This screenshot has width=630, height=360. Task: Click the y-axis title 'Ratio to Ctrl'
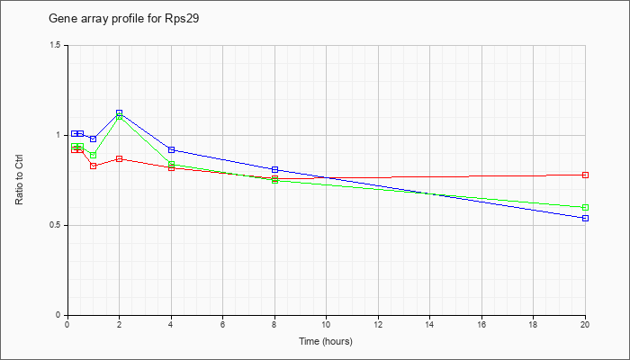coord(20,180)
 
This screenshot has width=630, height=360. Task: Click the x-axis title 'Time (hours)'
coord(326,342)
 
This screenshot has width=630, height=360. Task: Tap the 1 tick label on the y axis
coord(59,135)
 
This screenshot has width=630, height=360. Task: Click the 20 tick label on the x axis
coord(585,325)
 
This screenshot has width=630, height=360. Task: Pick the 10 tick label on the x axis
coord(326,325)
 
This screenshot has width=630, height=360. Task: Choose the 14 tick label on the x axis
coord(430,325)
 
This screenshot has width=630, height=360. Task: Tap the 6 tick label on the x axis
coord(222,325)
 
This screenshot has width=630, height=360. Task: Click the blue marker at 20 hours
coord(586,218)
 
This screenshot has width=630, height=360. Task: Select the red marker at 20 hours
coord(586,175)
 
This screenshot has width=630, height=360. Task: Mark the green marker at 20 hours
coord(586,207)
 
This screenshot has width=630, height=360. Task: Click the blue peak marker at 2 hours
coord(119,113)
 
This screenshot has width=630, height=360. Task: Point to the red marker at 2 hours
coord(119,158)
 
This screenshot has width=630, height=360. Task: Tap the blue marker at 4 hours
coord(171,149)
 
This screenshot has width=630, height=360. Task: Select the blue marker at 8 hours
coord(274,169)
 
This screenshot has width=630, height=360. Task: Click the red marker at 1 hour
coord(93,166)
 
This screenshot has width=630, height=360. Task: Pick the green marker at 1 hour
coord(93,155)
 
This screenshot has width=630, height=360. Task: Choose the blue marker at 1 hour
coord(93,139)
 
